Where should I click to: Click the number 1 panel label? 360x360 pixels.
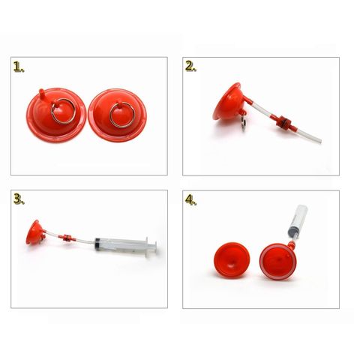pos(19,67)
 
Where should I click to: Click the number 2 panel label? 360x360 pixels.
pos(190,67)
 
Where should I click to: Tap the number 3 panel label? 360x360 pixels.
pos(19,199)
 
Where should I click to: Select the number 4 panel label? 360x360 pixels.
pos(190,199)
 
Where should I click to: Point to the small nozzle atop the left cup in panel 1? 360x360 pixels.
pos(41,93)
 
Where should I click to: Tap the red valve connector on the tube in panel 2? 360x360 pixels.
pos(284,121)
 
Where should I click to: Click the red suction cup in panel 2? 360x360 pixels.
pos(229,102)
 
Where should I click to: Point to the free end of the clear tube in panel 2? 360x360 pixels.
pos(320,141)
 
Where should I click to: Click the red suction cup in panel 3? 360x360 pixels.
pos(35,232)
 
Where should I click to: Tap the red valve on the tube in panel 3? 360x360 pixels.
pos(67,237)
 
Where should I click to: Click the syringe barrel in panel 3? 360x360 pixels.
pos(121,244)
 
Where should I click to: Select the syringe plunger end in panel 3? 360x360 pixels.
pos(152,247)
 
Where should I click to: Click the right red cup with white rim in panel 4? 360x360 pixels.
pos(277,262)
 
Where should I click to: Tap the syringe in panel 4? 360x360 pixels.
pos(298,221)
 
